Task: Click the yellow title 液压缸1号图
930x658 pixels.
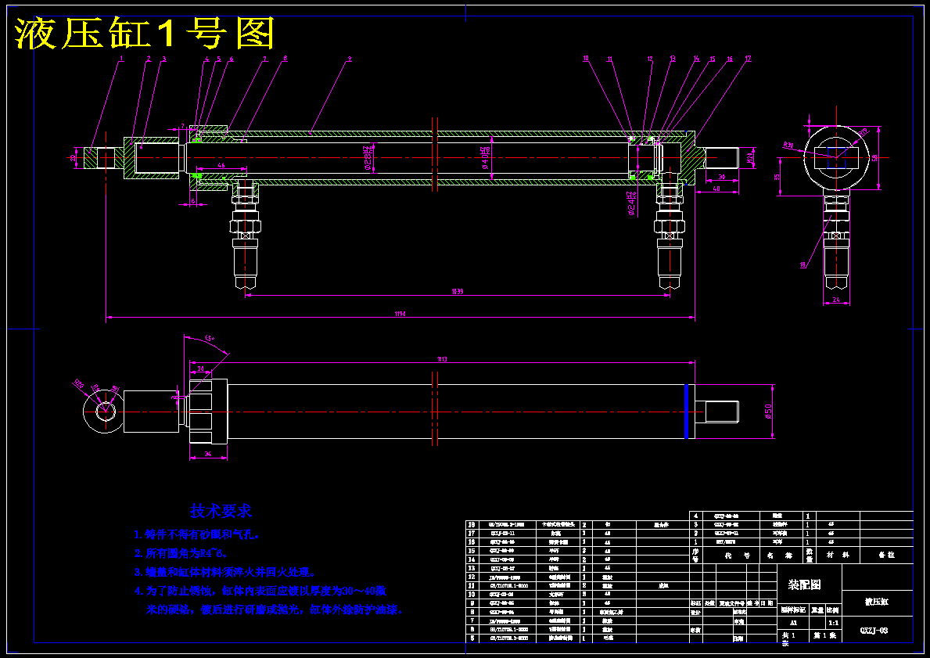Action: pyautogui.click(x=145, y=33)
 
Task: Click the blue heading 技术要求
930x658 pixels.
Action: pyautogui.click(x=221, y=511)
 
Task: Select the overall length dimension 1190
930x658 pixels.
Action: pyautogui.click(x=400, y=315)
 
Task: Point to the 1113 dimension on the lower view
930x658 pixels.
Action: pyautogui.click(x=442, y=358)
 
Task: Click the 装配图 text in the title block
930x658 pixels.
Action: pyautogui.click(x=804, y=584)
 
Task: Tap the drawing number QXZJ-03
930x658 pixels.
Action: pyautogui.click(x=874, y=629)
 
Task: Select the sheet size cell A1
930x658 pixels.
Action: pyautogui.click(x=793, y=623)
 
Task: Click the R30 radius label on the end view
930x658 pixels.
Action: pyautogui.click(x=788, y=145)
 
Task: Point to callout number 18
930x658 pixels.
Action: pyautogui.click(x=803, y=265)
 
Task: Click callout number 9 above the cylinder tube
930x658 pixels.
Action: pyautogui.click(x=349, y=59)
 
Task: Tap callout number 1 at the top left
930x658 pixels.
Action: pyautogui.click(x=122, y=59)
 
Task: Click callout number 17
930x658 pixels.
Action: pyautogui.click(x=749, y=59)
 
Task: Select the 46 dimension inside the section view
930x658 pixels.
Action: pyautogui.click(x=221, y=166)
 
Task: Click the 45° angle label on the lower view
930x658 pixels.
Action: pyautogui.click(x=209, y=338)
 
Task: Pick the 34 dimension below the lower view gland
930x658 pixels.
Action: pyautogui.click(x=207, y=454)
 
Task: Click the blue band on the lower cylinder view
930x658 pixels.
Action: pyautogui.click(x=686, y=410)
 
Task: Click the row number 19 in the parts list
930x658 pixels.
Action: pyautogui.click(x=472, y=525)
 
